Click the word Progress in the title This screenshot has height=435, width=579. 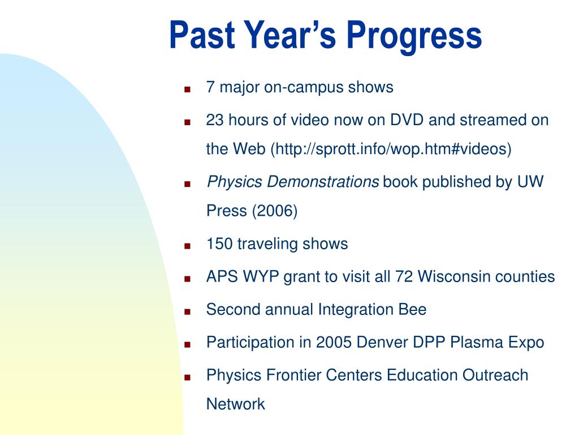pyautogui.click(x=414, y=36)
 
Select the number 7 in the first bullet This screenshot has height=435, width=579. pyautogui.click(x=210, y=87)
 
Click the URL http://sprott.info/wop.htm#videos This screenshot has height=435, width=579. pyautogui.click(x=391, y=149)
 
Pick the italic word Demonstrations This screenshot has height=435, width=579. pyautogui.click(x=322, y=182)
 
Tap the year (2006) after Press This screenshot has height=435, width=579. pyautogui.click(x=275, y=211)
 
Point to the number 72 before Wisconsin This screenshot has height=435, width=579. pyautogui.click(x=404, y=276)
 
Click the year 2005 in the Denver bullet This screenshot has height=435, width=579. pyautogui.click(x=334, y=342)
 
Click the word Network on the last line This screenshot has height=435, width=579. pyautogui.click(x=236, y=404)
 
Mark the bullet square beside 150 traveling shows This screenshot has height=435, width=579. pyautogui.click(x=187, y=246)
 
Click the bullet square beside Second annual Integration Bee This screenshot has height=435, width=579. pyautogui.click(x=187, y=312)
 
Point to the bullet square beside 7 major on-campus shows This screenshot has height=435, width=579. pyautogui.click(x=187, y=89)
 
